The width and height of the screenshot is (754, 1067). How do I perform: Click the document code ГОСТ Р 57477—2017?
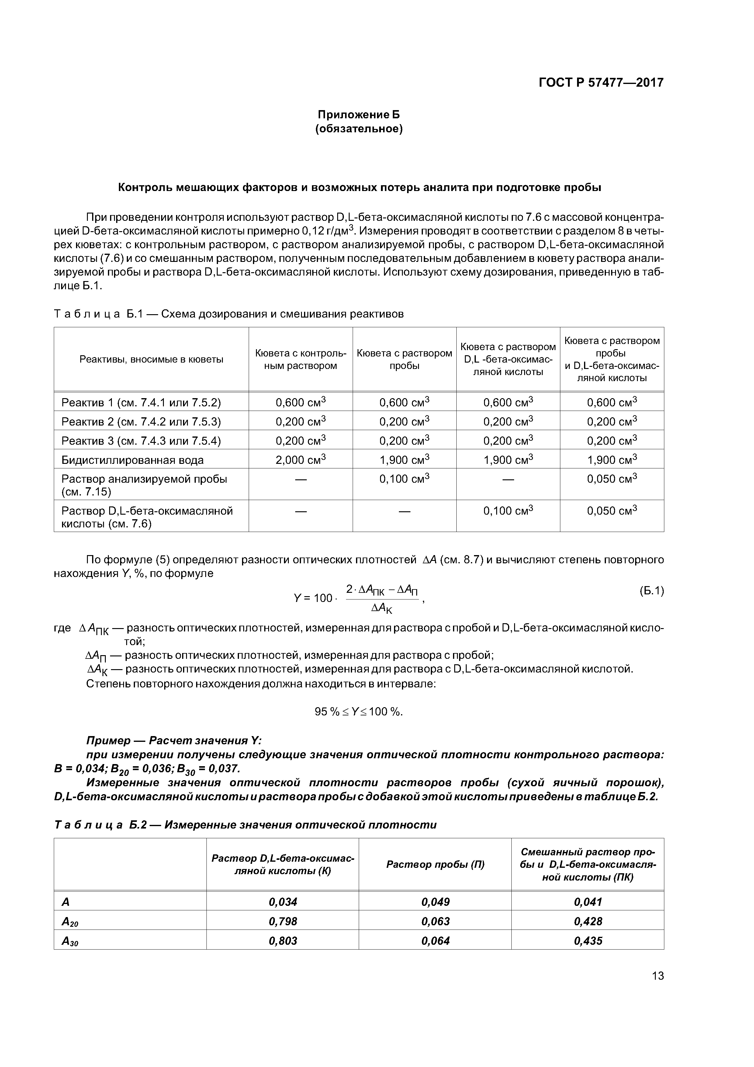coord(601,83)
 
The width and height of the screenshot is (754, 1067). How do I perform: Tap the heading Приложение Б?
coord(359,114)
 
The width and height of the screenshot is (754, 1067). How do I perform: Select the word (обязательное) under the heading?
coord(359,129)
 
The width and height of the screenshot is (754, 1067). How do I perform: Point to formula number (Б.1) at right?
coord(651,591)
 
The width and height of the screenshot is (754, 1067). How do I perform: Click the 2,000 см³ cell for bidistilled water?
coord(301,459)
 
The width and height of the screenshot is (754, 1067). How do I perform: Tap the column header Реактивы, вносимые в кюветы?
coord(151,359)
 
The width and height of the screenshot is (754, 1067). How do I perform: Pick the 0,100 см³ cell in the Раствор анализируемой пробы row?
coord(404,478)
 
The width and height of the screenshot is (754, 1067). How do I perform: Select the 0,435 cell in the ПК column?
coord(588,940)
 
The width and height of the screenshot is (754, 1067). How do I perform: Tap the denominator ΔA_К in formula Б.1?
coord(382,607)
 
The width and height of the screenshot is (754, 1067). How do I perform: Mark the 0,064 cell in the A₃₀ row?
coord(435,940)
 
